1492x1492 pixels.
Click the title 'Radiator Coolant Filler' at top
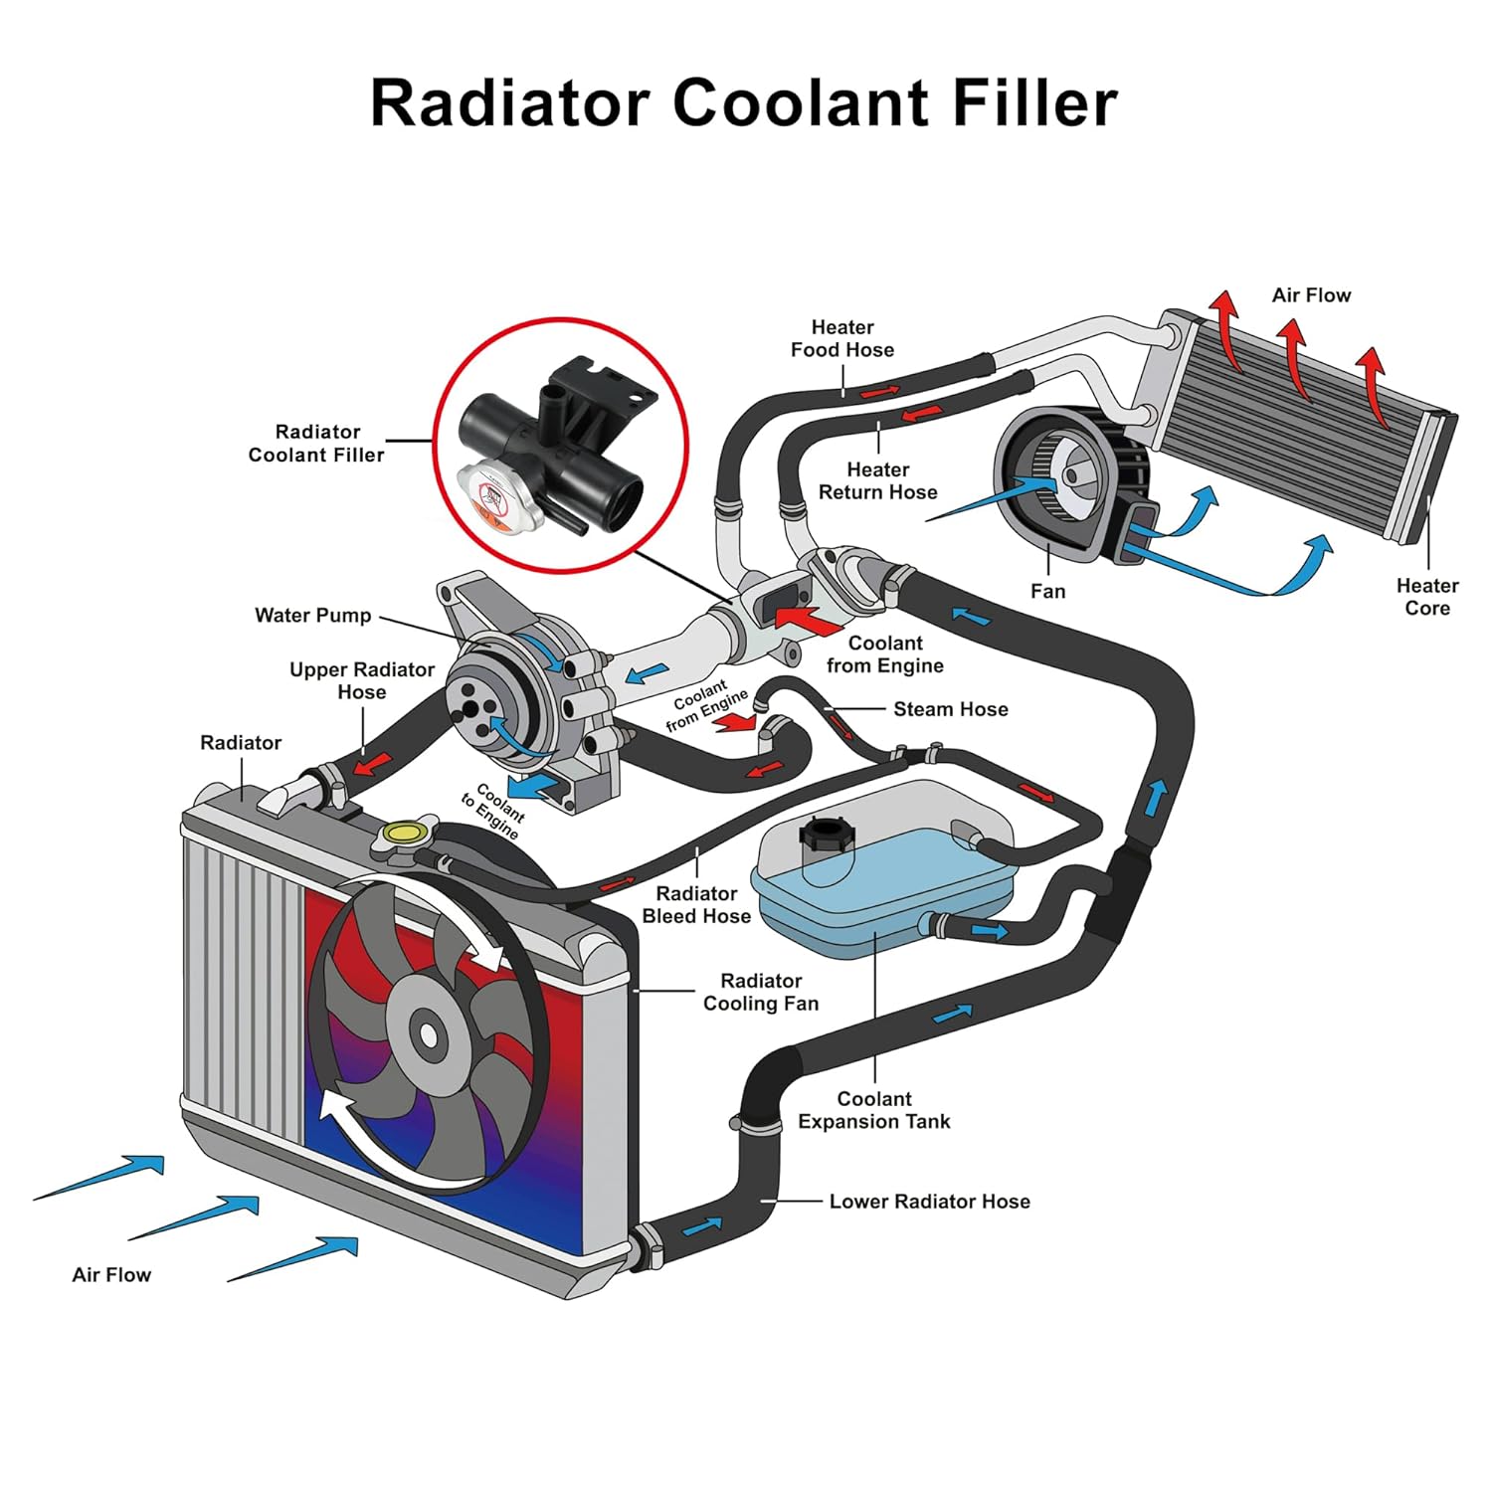tap(744, 102)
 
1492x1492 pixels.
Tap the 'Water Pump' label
tap(312, 616)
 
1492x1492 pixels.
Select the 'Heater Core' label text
tap(1426, 597)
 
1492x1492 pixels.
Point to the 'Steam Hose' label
tap(950, 709)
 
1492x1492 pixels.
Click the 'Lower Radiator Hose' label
tap(929, 1202)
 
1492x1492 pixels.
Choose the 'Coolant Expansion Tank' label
tap(873, 1110)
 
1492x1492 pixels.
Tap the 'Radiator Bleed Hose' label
tap(696, 905)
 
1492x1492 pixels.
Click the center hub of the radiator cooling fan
tap(428, 1034)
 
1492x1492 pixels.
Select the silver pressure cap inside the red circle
tap(494, 495)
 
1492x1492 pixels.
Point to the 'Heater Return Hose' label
tap(877, 480)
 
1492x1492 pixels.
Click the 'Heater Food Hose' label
tap(841, 338)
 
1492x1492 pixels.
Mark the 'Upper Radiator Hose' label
tap(361, 680)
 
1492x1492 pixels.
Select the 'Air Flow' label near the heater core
tap(1311, 295)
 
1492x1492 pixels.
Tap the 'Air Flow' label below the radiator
tap(111, 1275)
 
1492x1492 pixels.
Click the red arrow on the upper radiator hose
tap(374, 764)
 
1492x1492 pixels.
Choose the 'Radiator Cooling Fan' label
tap(761, 993)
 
